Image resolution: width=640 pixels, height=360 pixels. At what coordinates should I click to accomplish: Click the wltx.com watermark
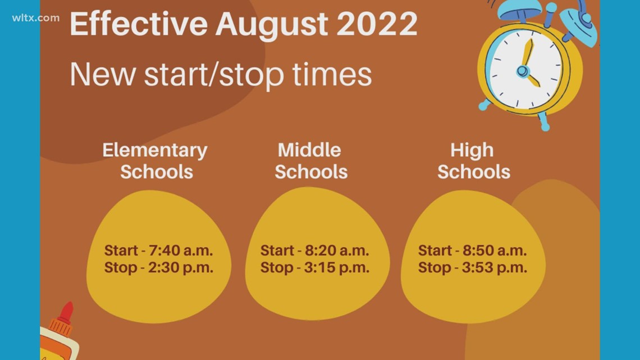point(35,17)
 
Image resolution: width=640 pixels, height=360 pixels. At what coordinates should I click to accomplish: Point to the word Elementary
point(155,150)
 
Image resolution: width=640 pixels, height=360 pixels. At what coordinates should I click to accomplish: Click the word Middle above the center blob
point(309,150)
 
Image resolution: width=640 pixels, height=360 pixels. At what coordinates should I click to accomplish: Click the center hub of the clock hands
point(523,71)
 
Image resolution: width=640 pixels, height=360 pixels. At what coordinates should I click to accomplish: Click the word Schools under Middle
point(311,171)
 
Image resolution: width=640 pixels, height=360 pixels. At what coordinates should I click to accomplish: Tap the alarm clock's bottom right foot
point(543,122)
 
